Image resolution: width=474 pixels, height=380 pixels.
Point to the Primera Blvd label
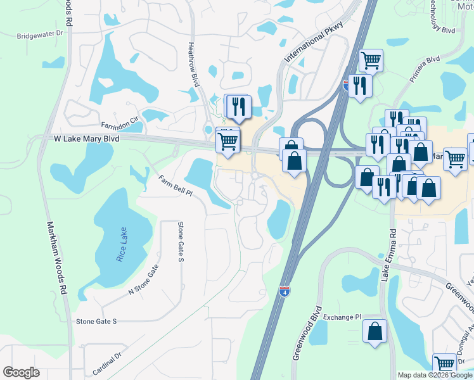click(424, 69)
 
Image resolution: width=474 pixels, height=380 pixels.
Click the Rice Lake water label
click(122, 244)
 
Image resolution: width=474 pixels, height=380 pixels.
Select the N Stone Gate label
click(143, 282)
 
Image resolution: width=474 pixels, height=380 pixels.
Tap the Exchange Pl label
click(342, 317)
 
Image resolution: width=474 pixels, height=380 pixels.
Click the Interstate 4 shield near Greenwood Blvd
click(285, 291)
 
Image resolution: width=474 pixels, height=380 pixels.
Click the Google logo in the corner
click(22, 372)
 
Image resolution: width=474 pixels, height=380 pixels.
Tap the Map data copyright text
click(435, 375)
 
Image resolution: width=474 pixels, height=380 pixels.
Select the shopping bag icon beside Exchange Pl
click(375, 331)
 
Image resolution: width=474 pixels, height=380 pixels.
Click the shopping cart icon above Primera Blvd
click(371, 61)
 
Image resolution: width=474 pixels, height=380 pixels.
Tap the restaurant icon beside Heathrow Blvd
click(239, 106)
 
